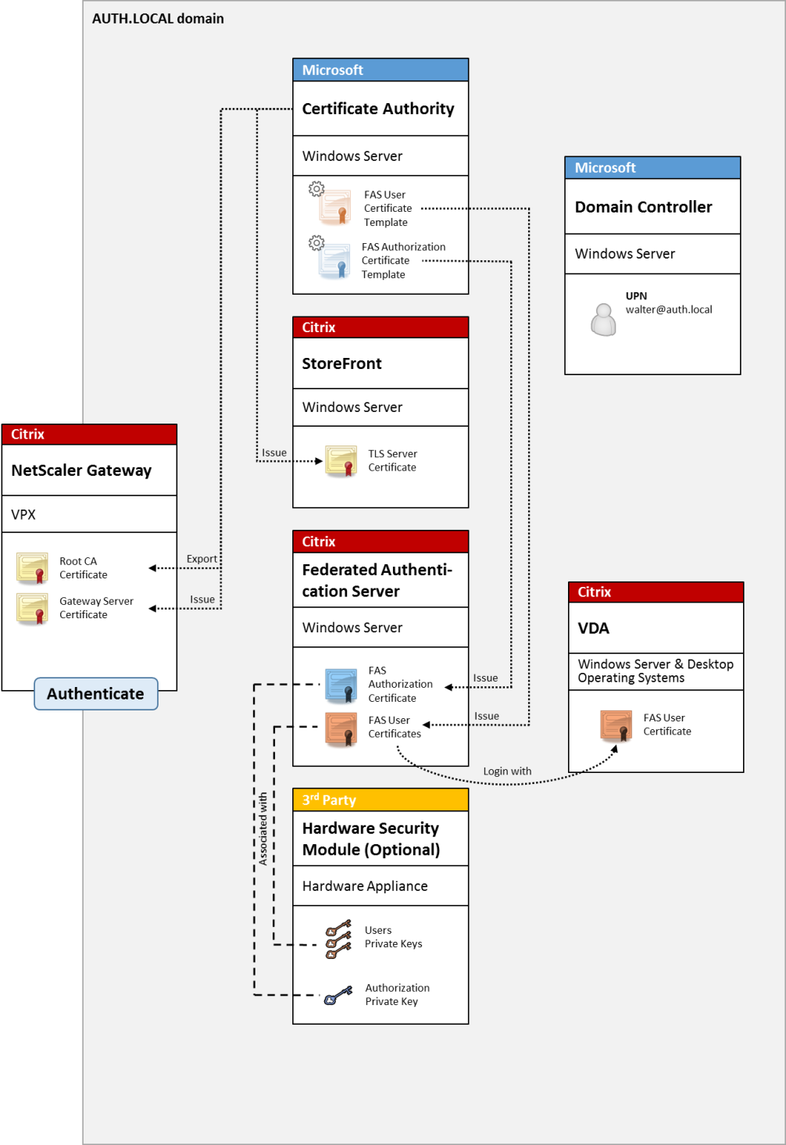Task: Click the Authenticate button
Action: click(x=95, y=694)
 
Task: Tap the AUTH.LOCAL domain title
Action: click(x=158, y=19)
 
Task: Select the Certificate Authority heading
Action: click(x=378, y=109)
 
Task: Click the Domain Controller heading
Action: click(x=643, y=207)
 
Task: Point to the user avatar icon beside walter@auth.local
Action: click(x=603, y=319)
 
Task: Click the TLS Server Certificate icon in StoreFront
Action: click(x=341, y=461)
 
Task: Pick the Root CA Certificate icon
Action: click(x=33, y=568)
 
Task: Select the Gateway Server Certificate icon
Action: click(x=33, y=608)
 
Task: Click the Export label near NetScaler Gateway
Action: click(x=202, y=559)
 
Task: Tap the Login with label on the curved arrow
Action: click(x=507, y=771)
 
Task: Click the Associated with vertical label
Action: click(x=263, y=828)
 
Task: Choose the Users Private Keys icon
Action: click(x=338, y=939)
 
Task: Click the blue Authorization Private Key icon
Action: click(x=338, y=996)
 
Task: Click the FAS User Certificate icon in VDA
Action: click(x=616, y=725)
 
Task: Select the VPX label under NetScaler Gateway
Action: click(x=23, y=514)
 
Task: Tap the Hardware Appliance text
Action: click(x=365, y=886)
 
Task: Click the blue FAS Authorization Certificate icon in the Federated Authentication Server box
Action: click(x=341, y=685)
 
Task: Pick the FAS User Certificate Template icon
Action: click(x=334, y=206)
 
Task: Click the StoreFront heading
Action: click(x=341, y=363)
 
